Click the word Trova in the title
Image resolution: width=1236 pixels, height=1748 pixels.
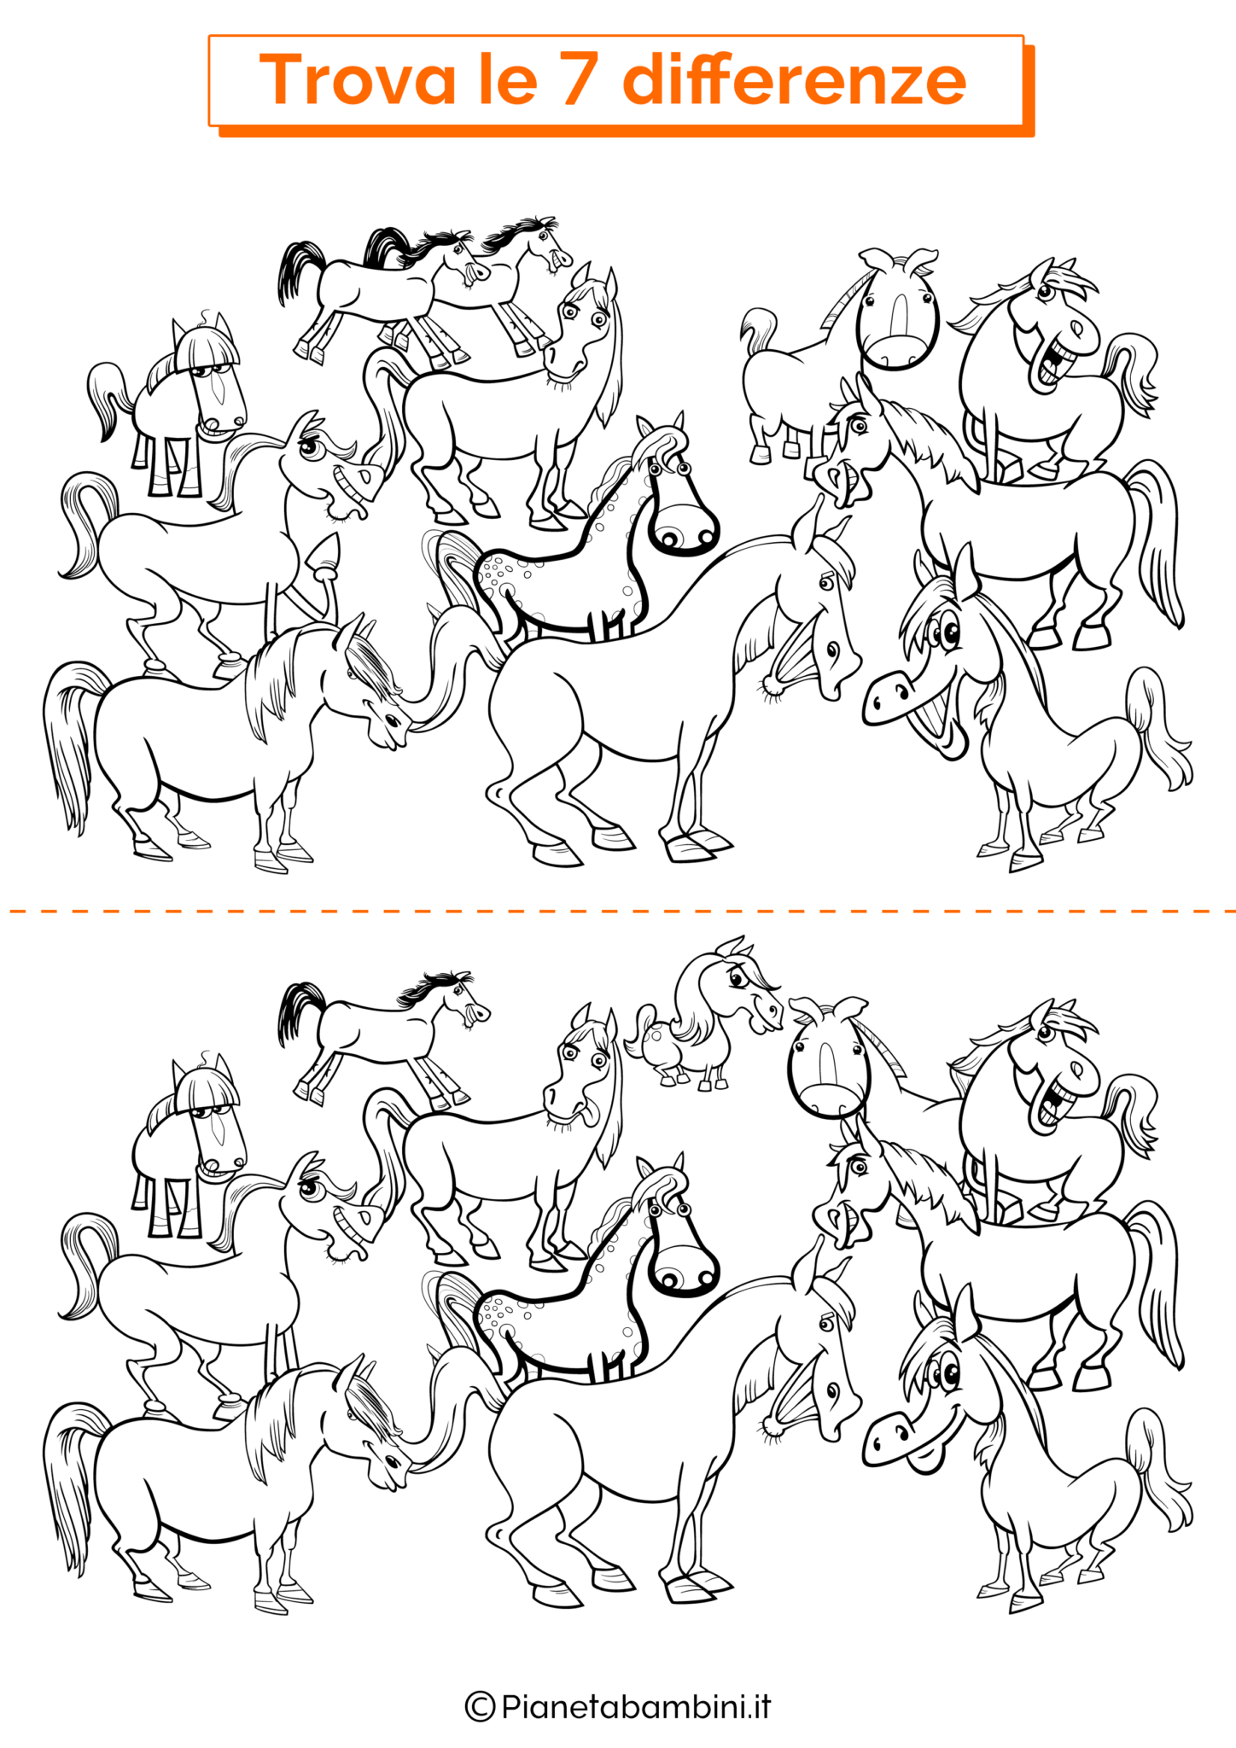(357, 79)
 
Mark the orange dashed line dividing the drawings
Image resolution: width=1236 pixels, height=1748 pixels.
(618, 912)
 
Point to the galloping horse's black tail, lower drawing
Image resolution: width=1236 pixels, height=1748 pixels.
(298, 1012)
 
